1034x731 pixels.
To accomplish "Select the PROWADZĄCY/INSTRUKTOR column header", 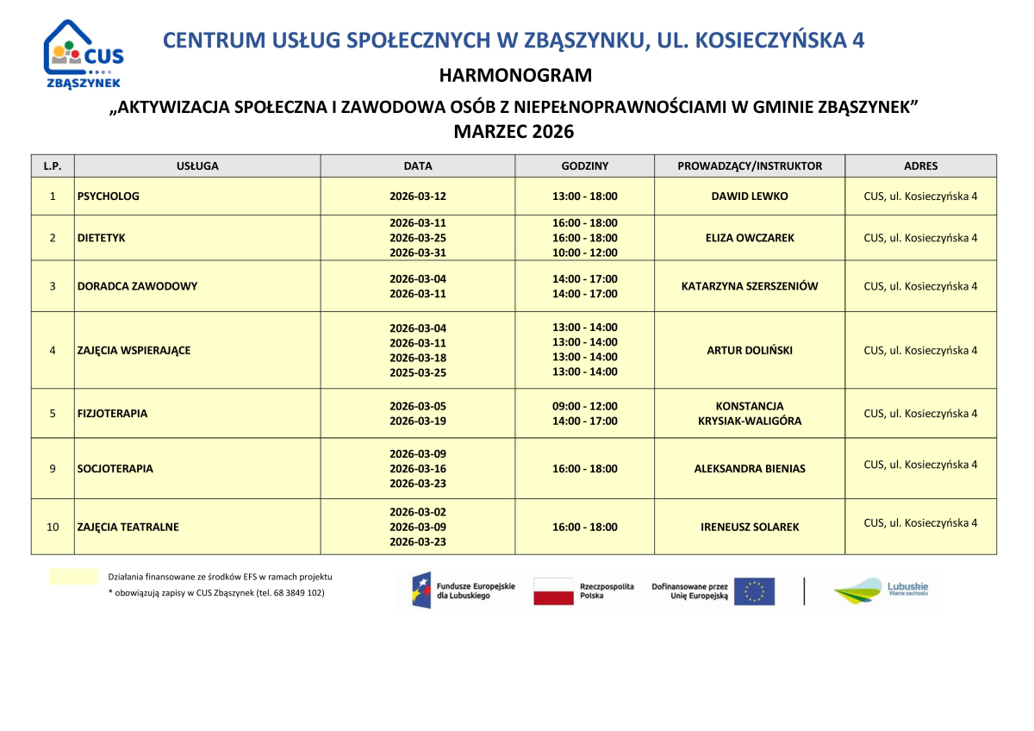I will [x=750, y=166].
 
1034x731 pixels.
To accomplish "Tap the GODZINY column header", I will [x=585, y=166].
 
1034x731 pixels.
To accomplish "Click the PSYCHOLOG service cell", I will [x=109, y=197].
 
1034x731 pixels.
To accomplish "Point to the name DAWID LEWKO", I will [x=750, y=197].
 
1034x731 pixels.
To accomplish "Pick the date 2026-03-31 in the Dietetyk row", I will [x=418, y=253].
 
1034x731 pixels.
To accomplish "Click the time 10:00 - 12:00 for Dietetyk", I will [x=585, y=253].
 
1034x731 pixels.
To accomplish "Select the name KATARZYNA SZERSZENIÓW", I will [x=750, y=286].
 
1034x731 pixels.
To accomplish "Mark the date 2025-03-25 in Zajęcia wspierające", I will [x=418, y=372].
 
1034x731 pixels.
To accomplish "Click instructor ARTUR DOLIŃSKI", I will [x=750, y=351].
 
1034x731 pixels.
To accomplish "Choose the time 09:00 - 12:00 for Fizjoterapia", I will [x=585, y=406].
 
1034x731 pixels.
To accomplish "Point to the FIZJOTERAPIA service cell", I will [x=112, y=414].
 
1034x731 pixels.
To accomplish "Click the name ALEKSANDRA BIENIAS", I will [x=750, y=469].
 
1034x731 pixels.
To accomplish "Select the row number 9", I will [x=53, y=469].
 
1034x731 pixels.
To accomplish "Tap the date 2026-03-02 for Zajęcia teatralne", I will [x=418, y=511].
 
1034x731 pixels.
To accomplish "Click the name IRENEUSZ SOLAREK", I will [x=750, y=527].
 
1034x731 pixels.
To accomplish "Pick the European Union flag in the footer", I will [x=754, y=591].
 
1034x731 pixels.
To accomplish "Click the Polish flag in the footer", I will [x=553, y=591].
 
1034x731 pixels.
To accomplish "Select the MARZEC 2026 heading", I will [x=514, y=132].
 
